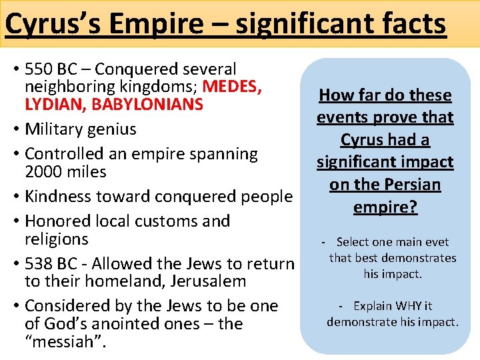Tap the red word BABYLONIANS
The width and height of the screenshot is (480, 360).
coord(147,105)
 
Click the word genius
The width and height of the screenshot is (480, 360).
coord(109,129)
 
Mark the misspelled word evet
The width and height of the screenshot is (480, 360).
coord(436,242)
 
